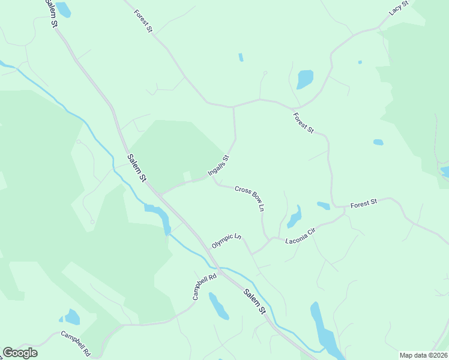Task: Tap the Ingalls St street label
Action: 218,166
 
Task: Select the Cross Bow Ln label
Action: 250,198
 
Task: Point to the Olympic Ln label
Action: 226,241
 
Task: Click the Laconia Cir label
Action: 301,233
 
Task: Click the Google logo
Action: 20,353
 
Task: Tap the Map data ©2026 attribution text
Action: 424,355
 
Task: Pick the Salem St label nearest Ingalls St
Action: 137,168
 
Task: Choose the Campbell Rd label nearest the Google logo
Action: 75,343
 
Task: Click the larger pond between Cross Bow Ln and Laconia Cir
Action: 294,217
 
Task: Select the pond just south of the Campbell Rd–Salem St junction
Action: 218,306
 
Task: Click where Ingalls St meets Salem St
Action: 160,195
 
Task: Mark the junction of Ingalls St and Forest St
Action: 233,107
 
